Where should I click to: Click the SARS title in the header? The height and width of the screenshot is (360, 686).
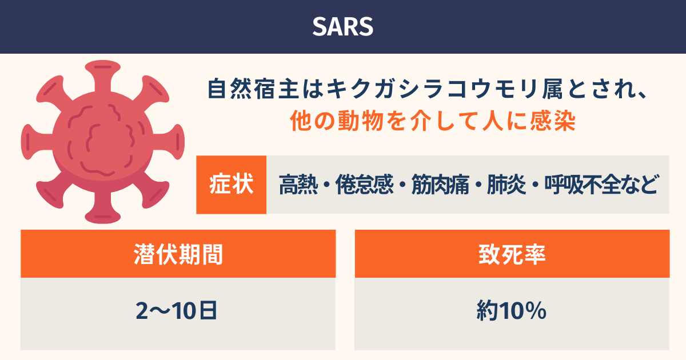point(342,27)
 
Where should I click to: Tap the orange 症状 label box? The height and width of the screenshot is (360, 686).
point(231,185)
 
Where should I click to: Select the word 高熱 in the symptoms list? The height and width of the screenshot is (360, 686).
point(298,185)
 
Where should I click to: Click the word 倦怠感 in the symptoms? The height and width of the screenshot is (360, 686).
point(365,185)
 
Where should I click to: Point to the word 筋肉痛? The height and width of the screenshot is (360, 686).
point(440,185)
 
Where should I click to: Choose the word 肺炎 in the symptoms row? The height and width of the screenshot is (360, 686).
point(506,185)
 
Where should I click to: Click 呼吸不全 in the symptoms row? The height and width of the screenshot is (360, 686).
point(583,185)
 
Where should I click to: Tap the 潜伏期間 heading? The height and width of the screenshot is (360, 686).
point(178,254)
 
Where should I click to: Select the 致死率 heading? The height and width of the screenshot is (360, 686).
point(512,254)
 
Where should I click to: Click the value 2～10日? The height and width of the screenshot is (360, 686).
point(177,311)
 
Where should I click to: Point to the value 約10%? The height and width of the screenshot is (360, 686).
point(512,311)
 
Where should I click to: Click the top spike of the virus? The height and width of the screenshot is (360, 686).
point(102,75)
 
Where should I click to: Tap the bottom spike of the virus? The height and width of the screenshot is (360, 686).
point(102,208)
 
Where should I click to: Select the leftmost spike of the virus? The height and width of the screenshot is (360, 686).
point(36,142)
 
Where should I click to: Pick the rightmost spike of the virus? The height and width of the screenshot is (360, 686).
point(169,142)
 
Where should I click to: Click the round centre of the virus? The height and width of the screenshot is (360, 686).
point(102,142)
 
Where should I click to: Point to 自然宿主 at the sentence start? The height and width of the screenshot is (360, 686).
point(253,89)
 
